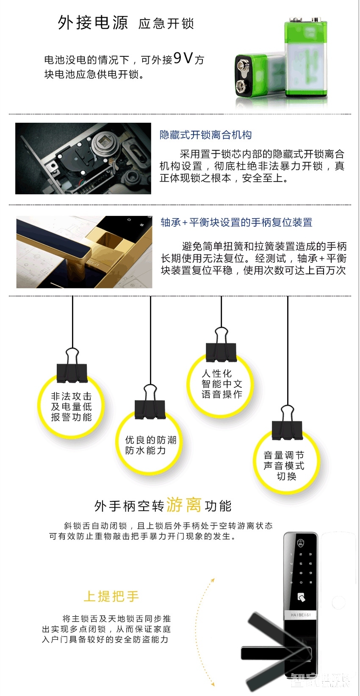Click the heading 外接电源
point(93,22)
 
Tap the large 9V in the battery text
point(183,58)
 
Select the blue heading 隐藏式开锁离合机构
point(205,135)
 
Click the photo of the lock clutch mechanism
point(83,158)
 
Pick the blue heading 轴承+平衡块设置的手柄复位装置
point(236,222)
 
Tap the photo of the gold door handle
point(84,252)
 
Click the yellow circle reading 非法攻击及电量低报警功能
point(71,407)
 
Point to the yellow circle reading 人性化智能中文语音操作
point(222,384)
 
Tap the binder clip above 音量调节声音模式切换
point(287,425)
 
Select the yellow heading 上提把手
point(111,596)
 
